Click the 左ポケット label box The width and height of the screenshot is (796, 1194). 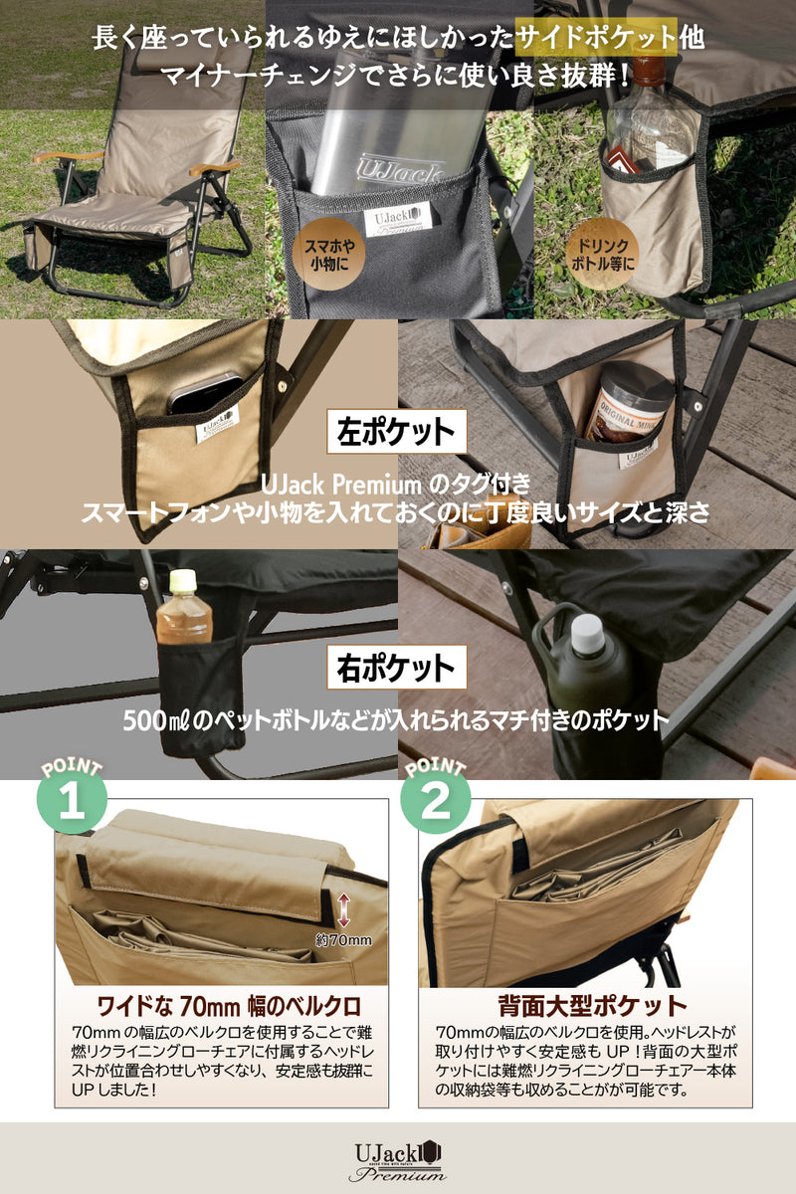click(x=398, y=433)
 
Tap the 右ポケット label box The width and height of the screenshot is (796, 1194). click(x=398, y=667)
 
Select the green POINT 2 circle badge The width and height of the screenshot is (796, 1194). click(x=435, y=805)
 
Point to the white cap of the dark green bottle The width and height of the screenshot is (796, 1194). click(x=588, y=634)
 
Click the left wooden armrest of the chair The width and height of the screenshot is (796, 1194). click(x=67, y=156)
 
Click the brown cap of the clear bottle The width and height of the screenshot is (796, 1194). click(x=651, y=70)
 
